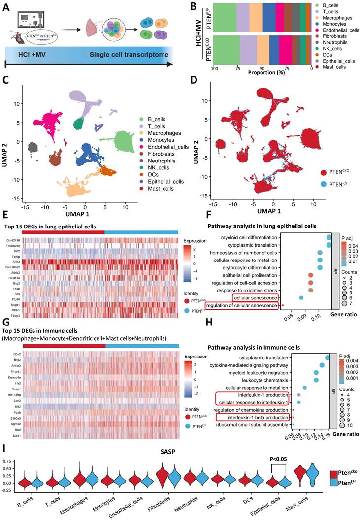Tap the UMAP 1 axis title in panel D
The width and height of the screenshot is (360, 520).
point(265,211)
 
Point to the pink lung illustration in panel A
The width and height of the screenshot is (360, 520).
point(92,27)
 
